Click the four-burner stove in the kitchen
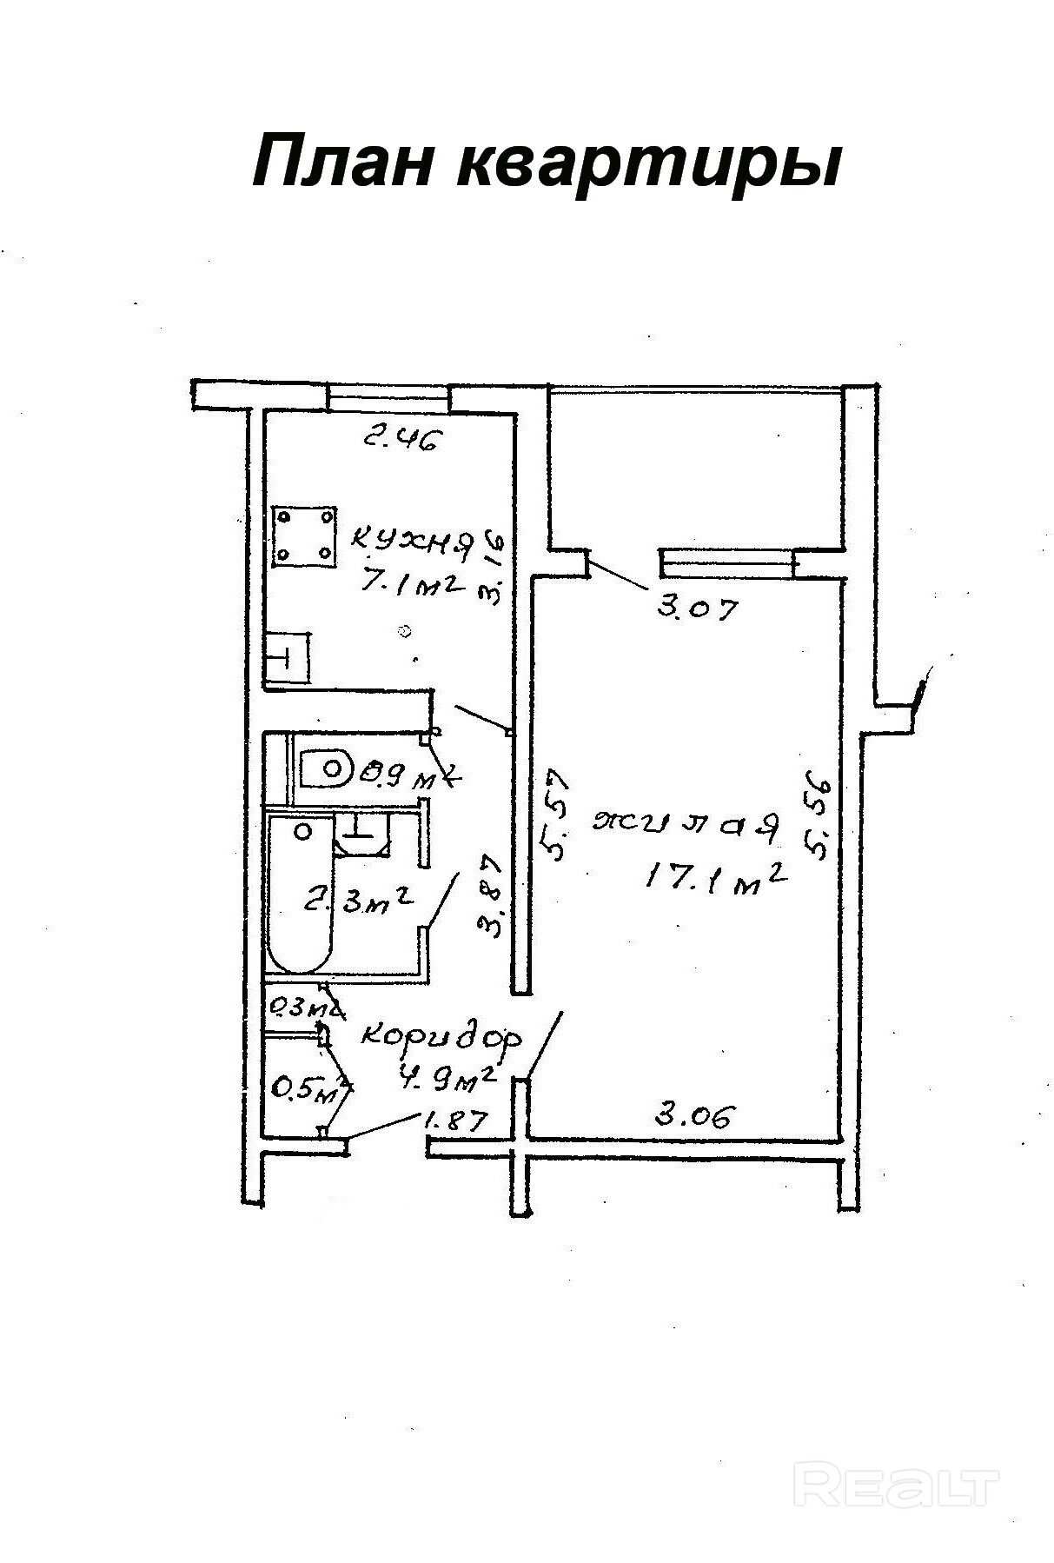pyautogui.click(x=303, y=535)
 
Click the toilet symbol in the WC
pyautogui.click(x=326, y=768)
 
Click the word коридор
pyautogui.click(x=441, y=1036)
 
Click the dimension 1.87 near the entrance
pyautogui.click(x=451, y=1121)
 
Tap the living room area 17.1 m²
pyautogui.click(x=715, y=879)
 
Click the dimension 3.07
pyautogui.click(x=697, y=607)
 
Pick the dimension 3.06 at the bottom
pyautogui.click(x=695, y=1114)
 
